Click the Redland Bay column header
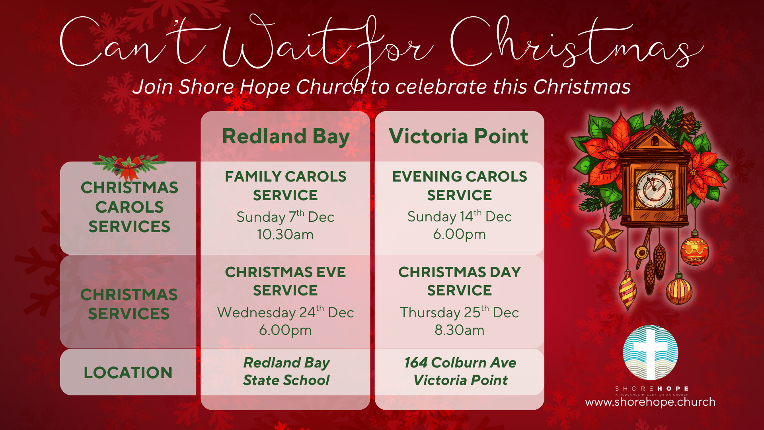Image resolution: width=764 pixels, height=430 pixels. pyautogui.click(x=286, y=137)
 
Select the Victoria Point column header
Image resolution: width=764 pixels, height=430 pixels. pyautogui.click(x=458, y=136)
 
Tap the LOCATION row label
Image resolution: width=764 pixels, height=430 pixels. pyautogui.click(x=128, y=373)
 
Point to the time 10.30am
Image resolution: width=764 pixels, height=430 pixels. pyautogui.click(x=285, y=235)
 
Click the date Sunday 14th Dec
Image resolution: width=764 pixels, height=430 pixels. pyautogui.click(x=460, y=216)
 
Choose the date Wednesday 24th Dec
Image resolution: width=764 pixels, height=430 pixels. pyautogui.click(x=285, y=312)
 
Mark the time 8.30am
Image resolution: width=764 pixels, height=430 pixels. pyautogui.click(x=460, y=330)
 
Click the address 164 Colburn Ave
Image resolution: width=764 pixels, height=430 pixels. pyautogui.click(x=460, y=363)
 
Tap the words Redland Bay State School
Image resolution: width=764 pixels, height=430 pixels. pyautogui.click(x=286, y=371)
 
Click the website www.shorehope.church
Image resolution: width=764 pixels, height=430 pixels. pyautogui.click(x=650, y=402)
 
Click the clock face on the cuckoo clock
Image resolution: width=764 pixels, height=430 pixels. pyautogui.click(x=655, y=189)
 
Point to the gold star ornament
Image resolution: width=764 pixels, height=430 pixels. pyautogui.click(x=604, y=236)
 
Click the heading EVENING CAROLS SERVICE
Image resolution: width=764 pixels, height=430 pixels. pyautogui.click(x=460, y=186)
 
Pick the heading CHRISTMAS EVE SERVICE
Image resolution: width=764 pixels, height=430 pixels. pyautogui.click(x=285, y=281)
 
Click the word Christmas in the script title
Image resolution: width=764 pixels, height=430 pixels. pyautogui.click(x=577, y=42)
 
